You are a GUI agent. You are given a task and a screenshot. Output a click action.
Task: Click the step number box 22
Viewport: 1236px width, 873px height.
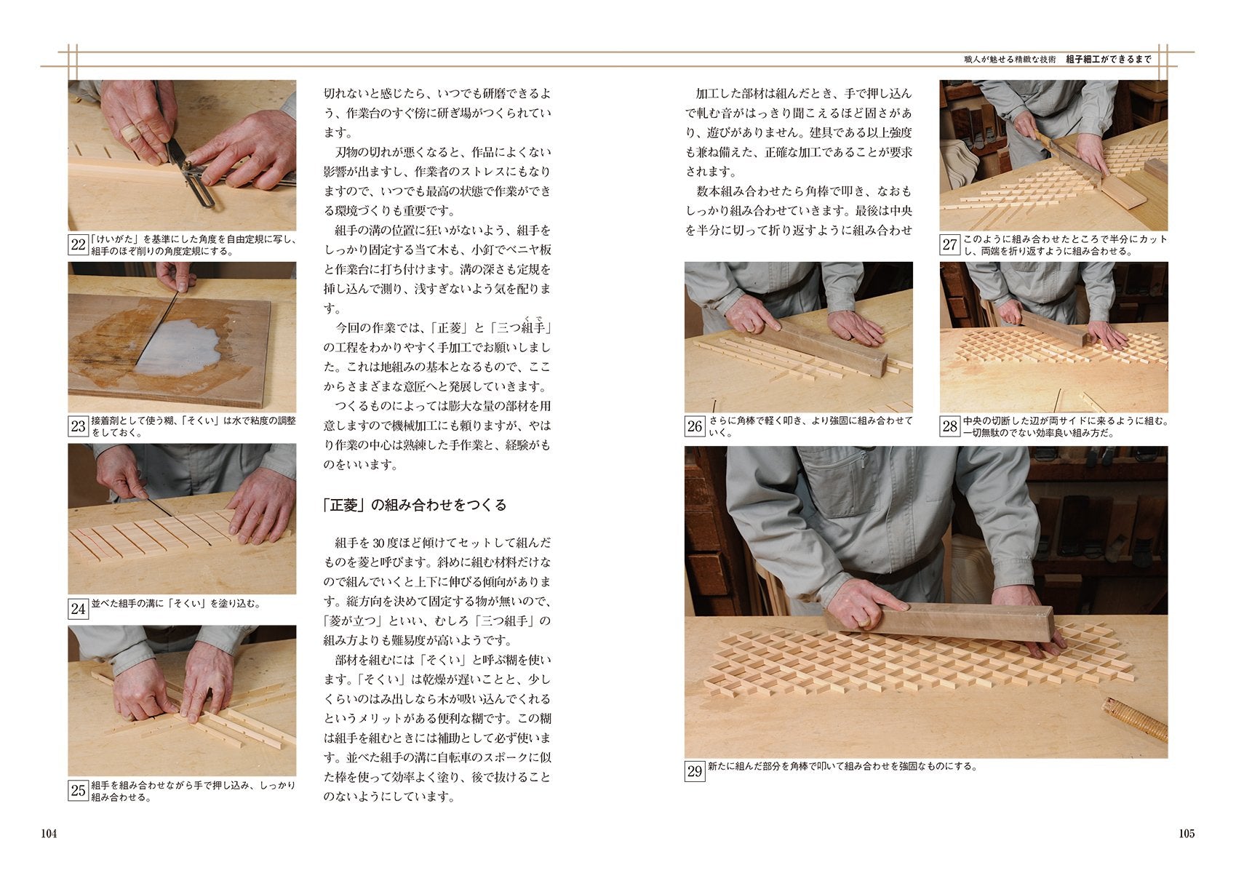[79, 244]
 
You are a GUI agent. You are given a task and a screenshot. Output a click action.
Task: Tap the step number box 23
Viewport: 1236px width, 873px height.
[79, 426]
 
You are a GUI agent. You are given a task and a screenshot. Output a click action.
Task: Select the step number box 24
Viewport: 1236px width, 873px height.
[79, 609]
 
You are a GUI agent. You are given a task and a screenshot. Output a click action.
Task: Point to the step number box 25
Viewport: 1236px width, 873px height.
[79, 791]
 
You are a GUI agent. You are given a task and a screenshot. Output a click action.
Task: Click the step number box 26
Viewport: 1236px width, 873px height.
[695, 426]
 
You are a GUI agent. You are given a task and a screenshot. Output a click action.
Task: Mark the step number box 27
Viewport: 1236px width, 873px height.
[949, 244]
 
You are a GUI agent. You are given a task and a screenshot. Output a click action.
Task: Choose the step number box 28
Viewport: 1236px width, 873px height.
[949, 426]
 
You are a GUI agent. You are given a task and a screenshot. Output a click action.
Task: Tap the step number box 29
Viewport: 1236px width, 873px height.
[695, 771]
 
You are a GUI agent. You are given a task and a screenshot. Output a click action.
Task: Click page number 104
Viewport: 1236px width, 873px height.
[49, 834]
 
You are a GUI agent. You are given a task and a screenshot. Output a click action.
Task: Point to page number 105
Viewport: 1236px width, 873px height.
[1187, 834]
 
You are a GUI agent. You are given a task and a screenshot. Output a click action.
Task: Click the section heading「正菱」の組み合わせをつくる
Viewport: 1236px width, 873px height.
[415, 505]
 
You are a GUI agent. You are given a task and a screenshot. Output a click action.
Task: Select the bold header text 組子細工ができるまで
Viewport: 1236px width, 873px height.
[1109, 59]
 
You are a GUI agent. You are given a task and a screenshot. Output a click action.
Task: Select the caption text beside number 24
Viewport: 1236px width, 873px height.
[176, 604]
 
